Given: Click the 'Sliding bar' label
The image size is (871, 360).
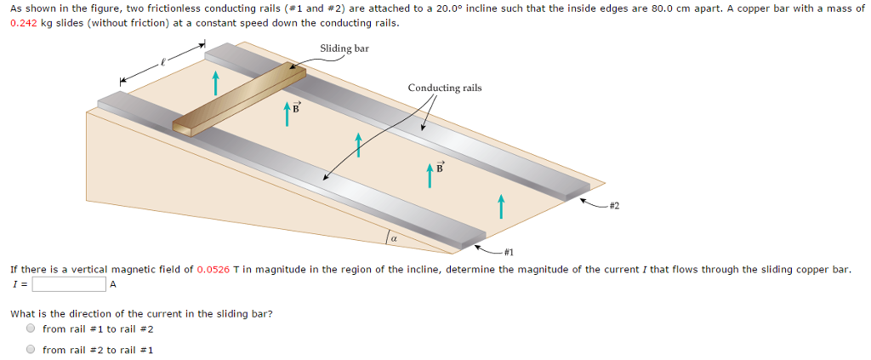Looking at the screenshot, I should [344, 49].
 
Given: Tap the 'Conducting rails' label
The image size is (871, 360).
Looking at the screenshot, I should [445, 88].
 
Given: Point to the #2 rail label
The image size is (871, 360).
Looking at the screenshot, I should [614, 205].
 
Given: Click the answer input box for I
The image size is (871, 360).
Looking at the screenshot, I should [69, 284].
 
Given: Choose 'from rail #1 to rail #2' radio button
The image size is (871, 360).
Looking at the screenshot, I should [31, 329].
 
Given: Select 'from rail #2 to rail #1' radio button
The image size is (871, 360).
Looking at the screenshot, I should [31, 349].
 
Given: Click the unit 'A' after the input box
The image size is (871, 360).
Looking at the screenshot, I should [112, 284].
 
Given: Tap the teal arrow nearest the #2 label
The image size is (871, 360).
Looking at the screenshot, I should [501, 205].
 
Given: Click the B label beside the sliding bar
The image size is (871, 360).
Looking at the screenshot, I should [296, 108].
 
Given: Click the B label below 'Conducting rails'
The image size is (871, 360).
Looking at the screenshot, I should [440, 168].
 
